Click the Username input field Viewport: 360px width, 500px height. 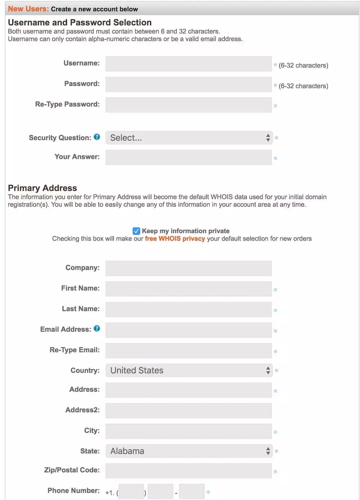pyautogui.click(x=188, y=64)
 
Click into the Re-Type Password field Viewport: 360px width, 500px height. pyautogui.click(x=188, y=105)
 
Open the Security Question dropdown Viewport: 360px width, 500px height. pyautogui.click(x=189, y=138)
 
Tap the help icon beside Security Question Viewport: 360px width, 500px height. pyautogui.click(x=97, y=137)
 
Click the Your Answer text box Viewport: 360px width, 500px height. pyautogui.click(x=188, y=157)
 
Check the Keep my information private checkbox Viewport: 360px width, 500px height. pyautogui.click(x=136, y=231)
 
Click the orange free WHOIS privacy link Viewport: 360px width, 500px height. pyautogui.click(x=175, y=239)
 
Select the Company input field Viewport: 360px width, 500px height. pyautogui.click(x=188, y=268)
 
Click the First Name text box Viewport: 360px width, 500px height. pyautogui.click(x=188, y=289)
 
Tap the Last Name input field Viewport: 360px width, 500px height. pyautogui.click(x=188, y=309)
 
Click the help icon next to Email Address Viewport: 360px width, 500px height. pyautogui.click(x=97, y=329)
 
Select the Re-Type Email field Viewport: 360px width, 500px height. pyautogui.click(x=188, y=350)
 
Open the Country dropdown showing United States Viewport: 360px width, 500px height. pyautogui.click(x=189, y=370)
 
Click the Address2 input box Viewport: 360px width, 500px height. pyautogui.click(x=188, y=410)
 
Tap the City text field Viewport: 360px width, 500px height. pyautogui.click(x=188, y=431)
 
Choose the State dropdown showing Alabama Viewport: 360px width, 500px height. pyautogui.click(x=189, y=451)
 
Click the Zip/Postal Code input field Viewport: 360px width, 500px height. pyautogui.click(x=188, y=470)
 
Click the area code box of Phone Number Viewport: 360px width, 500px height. pyautogui.click(x=131, y=492)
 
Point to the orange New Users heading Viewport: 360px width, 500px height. pyautogui.click(x=28, y=9)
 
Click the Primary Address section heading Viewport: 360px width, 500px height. pyautogui.click(x=42, y=188)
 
